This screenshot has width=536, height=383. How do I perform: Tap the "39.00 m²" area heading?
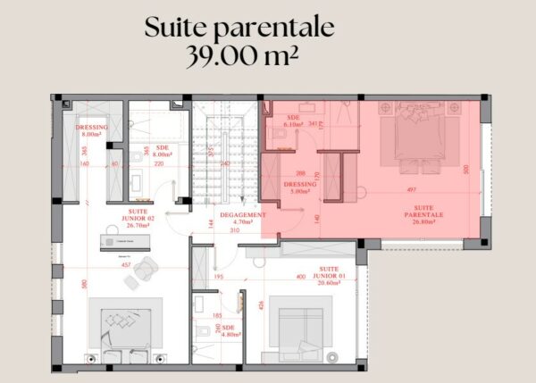pos(241,56)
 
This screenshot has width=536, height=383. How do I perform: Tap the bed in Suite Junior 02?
pos(126,330)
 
